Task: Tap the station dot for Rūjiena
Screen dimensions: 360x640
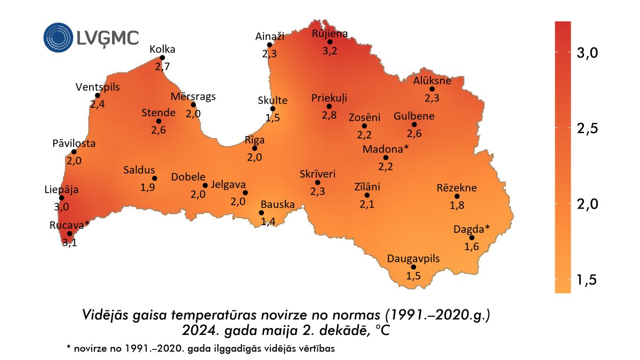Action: (x=330, y=42)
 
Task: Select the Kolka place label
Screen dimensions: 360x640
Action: (x=162, y=49)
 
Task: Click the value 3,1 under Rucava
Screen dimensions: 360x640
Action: (x=69, y=243)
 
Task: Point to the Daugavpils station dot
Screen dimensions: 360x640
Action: (x=414, y=267)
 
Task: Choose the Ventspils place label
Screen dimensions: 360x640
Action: (x=98, y=87)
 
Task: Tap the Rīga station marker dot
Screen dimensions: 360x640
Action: (x=254, y=148)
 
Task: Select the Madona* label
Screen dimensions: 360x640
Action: (x=386, y=149)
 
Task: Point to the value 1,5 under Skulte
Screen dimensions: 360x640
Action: (x=273, y=117)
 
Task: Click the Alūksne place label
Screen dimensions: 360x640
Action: (x=432, y=81)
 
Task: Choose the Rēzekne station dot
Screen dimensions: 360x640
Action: (x=457, y=196)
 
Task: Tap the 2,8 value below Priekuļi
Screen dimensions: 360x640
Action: (x=329, y=115)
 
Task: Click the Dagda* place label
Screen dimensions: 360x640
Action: (x=471, y=229)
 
